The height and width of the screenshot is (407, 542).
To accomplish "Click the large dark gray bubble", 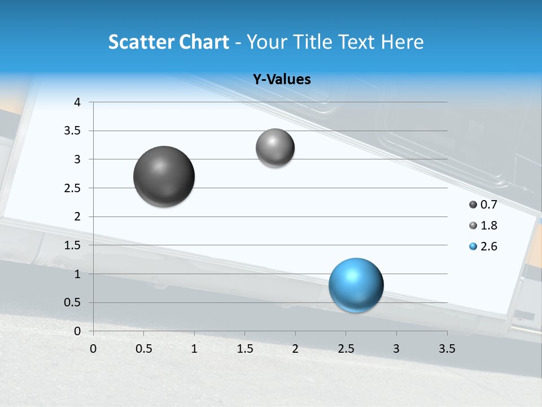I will (164, 176).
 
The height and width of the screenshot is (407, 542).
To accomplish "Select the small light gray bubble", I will (275, 148).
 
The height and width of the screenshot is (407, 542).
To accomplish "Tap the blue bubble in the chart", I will (356, 285).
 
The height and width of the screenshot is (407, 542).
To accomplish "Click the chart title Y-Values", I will (281, 80).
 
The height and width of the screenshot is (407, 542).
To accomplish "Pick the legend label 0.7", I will (488, 205).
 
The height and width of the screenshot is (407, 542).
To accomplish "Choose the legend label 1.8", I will (488, 226).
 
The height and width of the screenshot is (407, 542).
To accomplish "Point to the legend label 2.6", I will (488, 246).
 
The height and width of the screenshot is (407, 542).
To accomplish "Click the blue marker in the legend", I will (473, 246).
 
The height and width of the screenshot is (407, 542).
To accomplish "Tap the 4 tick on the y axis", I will (77, 102).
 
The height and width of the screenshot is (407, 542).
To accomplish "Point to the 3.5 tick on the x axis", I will (447, 349).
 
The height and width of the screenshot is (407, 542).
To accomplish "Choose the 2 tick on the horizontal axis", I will (295, 349).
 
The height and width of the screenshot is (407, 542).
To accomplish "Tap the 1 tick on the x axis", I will (194, 349).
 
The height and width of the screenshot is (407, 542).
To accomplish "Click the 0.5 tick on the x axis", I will (143, 349).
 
